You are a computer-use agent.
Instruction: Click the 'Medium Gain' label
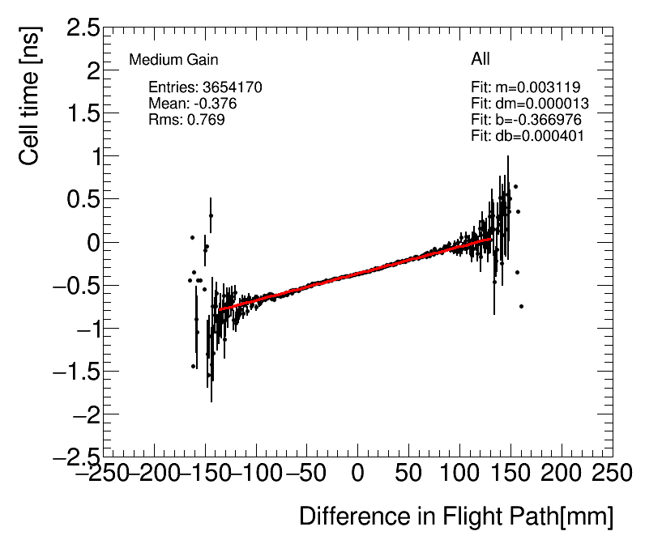173,60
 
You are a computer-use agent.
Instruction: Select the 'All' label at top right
481,59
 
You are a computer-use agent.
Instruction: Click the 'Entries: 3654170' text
205,87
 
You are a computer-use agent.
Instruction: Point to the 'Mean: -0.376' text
193,104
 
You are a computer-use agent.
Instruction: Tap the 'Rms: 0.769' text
186,120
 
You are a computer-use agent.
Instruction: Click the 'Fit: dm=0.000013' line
529,104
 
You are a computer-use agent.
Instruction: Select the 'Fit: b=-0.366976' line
526,120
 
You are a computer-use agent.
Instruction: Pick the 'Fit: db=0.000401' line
528,136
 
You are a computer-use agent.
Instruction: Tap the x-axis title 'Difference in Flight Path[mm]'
456,516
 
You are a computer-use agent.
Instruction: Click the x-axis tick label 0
357,472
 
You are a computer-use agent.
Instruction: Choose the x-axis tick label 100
459,472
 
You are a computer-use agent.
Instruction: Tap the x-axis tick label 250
611,472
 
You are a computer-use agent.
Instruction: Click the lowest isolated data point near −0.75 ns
521,306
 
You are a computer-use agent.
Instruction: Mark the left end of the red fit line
218,310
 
